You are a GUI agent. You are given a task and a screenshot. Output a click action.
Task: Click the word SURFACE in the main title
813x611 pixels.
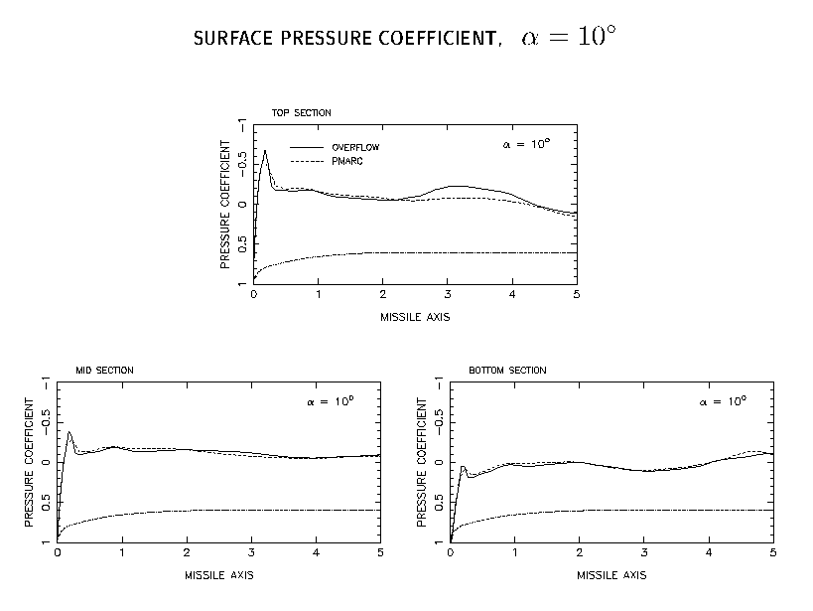pos(233,39)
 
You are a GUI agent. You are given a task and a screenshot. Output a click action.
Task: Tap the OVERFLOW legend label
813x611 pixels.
pos(355,147)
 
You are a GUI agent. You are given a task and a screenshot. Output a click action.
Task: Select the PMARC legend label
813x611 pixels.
pos(347,162)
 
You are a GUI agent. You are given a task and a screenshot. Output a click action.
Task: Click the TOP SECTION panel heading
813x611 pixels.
pos(301,113)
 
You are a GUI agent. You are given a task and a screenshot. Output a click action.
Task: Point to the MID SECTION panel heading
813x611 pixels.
pos(105,371)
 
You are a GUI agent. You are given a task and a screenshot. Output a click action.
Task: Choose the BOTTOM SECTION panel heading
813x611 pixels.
pos(507,371)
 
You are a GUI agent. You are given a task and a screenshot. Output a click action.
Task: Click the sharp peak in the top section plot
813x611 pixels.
pos(265,151)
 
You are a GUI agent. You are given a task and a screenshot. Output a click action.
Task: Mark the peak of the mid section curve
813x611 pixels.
pos(68,432)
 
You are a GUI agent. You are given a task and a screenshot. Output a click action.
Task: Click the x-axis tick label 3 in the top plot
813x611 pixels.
pos(448,295)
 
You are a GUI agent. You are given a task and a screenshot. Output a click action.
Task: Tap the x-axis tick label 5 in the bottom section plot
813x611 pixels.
pos(773,552)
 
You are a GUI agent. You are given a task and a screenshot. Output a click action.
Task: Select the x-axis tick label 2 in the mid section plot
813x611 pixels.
pos(187,552)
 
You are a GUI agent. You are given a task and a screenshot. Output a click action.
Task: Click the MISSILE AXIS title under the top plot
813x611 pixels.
pos(415,317)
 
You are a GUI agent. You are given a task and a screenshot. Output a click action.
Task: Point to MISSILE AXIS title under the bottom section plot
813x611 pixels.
pos(611,575)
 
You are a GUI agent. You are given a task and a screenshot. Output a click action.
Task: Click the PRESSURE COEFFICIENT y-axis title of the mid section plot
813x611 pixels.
pos(29,463)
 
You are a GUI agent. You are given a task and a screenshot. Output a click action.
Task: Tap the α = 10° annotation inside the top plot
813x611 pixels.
pos(526,144)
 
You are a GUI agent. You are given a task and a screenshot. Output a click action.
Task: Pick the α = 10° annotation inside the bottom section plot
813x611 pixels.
pos(723,401)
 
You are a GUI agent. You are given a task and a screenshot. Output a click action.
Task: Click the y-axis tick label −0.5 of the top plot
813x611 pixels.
pos(242,164)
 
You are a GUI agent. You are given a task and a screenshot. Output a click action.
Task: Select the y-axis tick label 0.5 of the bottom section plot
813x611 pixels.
pos(439,502)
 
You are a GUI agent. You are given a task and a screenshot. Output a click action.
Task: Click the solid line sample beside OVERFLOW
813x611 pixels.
pos(307,147)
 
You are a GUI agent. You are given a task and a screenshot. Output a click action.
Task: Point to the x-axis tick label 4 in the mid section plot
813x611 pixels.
pos(316,552)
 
